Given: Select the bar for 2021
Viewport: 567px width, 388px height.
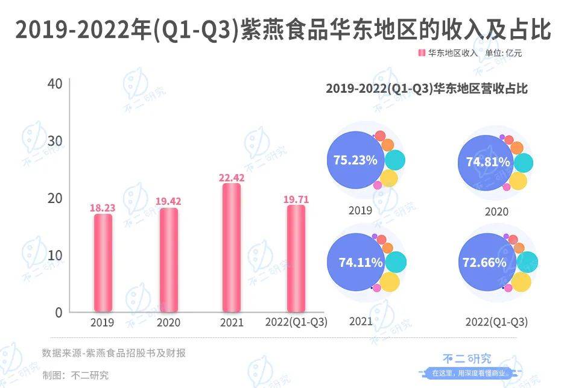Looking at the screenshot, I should coord(232,248).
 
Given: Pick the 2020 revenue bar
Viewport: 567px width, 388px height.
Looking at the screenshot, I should coord(169,260).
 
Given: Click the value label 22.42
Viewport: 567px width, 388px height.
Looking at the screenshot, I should coord(232,177).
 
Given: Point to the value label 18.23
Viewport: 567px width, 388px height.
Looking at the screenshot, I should coord(103,208).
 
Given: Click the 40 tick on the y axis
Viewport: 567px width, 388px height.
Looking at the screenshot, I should coord(55,83).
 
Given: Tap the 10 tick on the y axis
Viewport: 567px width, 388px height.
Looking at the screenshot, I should coord(55,255).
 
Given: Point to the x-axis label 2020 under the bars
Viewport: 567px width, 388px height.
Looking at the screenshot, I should coord(168,322).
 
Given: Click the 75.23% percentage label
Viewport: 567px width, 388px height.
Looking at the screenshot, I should coord(355,160).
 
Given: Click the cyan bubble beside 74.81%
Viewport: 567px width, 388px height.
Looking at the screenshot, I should coord(523,163).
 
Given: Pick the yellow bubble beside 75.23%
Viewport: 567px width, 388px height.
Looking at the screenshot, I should coord(390,178).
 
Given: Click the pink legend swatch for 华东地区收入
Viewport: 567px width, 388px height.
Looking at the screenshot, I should coord(422,53).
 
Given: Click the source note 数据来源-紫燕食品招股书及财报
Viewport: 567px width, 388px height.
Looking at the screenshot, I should coord(114,353).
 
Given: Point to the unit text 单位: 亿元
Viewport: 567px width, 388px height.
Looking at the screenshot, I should coord(504,53).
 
